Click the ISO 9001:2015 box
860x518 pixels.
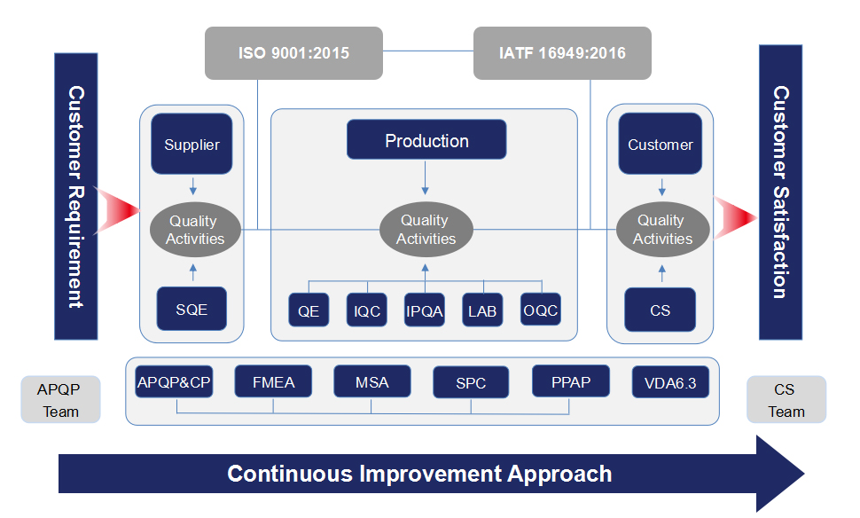pyautogui.click(x=293, y=53)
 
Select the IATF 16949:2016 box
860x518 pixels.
pyautogui.click(x=562, y=53)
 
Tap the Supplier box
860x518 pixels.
pyautogui.click(x=192, y=144)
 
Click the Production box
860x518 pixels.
pyautogui.click(x=426, y=140)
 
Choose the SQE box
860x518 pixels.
pyautogui.click(x=192, y=309)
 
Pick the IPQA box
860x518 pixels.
pyautogui.click(x=425, y=310)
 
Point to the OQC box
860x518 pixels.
pyautogui.click(x=540, y=310)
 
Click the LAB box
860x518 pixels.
pyautogui.click(x=482, y=310)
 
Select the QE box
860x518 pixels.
pyautogui.click(x=309, y=310)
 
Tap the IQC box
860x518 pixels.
pyautogui.click(x=367, y=310)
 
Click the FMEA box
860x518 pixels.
pyautogui.click(x=273, y=381)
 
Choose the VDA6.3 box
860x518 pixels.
pyautogui.click(x=670, y=382)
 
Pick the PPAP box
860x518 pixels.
pyautogui.click(x=570, y=381)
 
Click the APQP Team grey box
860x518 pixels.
pyautogui.click(x=60, y=399)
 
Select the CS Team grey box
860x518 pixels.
pyautogui.click(x=786, y=399)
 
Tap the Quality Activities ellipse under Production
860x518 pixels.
pyautogui.click(x=426, y=230)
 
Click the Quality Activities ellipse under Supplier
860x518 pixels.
pyautogui.click(x=195, y=230)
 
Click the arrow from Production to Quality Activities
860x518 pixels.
pyautogui.click(x=425, y=177)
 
